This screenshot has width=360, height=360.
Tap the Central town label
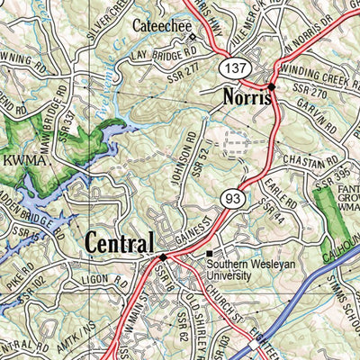tap(119, 242)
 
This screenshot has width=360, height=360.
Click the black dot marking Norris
tap(271, 87)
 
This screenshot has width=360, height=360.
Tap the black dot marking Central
tap(163, 256)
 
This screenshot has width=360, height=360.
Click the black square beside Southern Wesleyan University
tap(209, 253)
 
